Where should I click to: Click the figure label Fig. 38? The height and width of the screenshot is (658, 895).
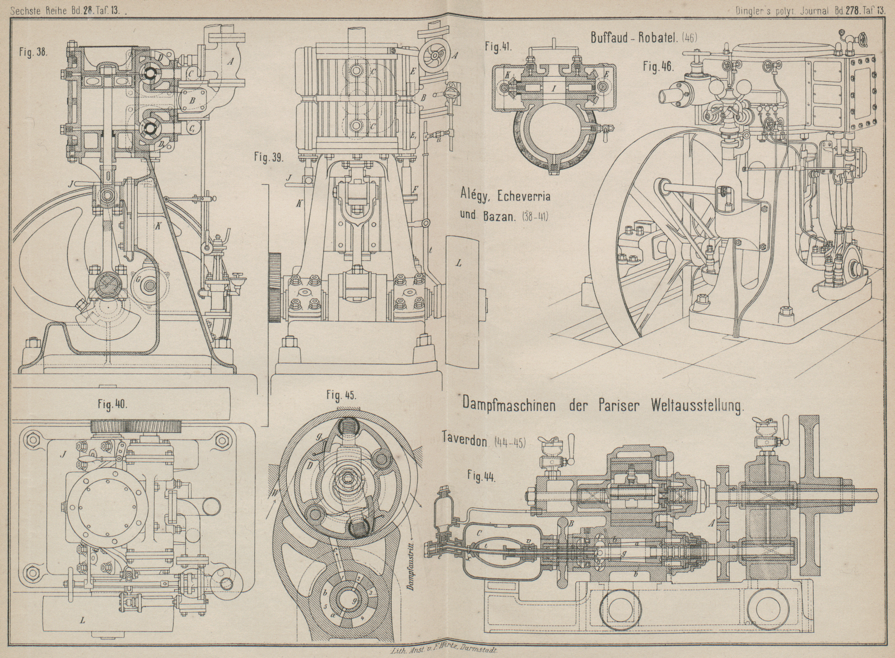point(35,53)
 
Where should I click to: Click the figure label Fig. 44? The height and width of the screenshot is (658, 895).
point(481,477)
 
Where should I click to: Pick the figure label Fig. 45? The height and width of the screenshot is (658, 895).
point(341,396)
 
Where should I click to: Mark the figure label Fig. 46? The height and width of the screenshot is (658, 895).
point(658,66)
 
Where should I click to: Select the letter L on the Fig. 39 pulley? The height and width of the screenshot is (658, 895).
point(458,263)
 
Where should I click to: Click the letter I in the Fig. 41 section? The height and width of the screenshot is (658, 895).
point(553,88)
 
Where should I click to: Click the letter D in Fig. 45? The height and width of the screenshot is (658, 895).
point(309,466)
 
